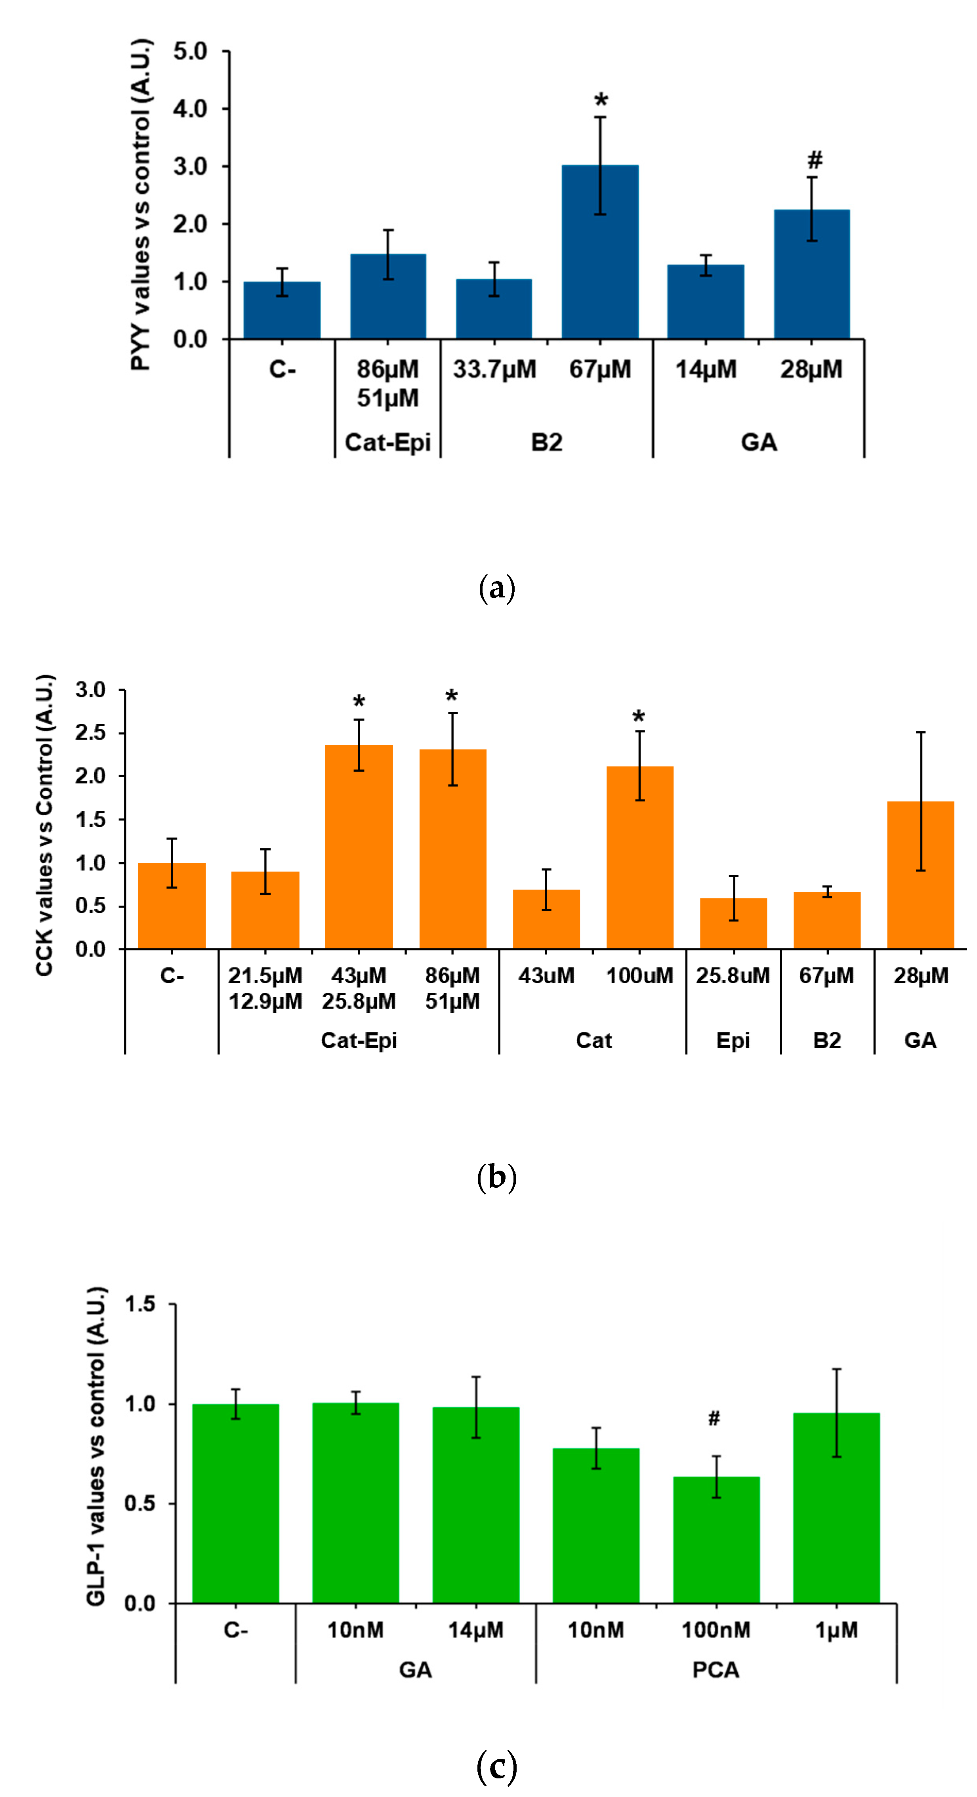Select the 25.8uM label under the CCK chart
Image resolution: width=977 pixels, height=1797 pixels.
click(733, 975)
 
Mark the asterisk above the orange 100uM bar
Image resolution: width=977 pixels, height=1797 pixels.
click(639, 716)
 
